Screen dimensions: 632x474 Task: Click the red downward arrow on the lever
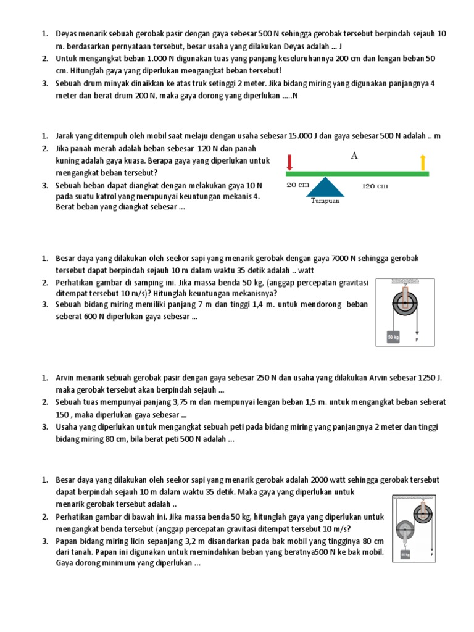289,162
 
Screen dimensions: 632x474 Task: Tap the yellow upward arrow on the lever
423,162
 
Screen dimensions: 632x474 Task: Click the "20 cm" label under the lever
297,184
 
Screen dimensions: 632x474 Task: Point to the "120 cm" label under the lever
375,185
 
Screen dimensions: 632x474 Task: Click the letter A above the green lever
354,156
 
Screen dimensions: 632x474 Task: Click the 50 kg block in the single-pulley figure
393,338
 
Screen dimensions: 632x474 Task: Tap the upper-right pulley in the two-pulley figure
423,512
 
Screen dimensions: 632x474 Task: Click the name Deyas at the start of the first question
67,33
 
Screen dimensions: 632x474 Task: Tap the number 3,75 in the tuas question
174,402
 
